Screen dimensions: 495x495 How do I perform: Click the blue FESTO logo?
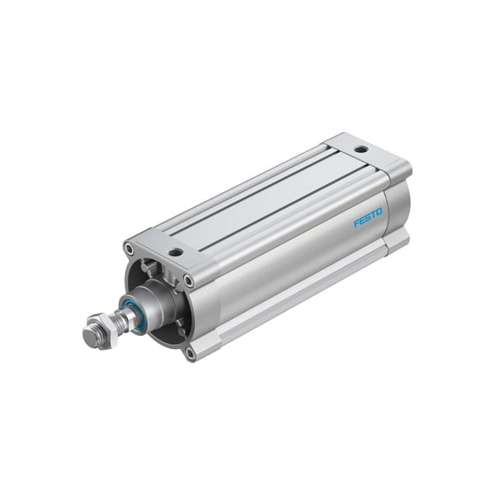coord(368,217)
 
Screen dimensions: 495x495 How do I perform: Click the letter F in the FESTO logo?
coord(356,223)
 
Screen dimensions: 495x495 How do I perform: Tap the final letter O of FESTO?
coord(379,211)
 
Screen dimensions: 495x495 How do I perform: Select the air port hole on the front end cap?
coord(176,252)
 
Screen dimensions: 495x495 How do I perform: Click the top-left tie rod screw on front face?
coord(130,248)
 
